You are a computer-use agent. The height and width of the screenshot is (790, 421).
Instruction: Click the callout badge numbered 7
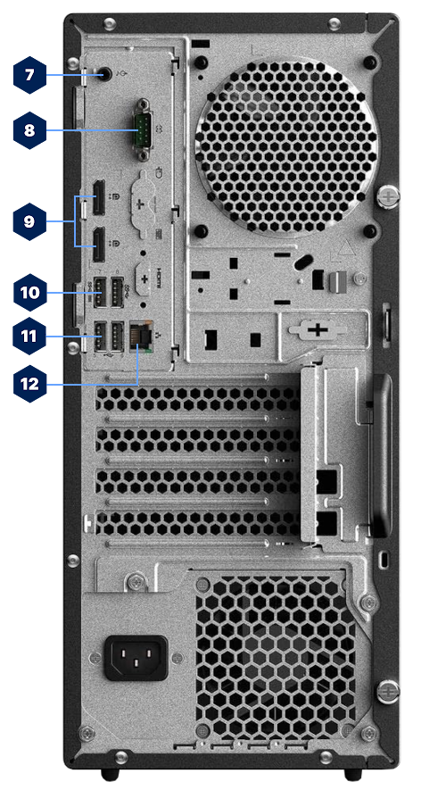(29, 75)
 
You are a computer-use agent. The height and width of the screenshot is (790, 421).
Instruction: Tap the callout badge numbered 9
(29, 220)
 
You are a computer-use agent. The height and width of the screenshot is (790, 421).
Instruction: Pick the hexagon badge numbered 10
(29, 291)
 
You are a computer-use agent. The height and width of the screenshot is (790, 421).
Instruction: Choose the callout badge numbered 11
(29, 337)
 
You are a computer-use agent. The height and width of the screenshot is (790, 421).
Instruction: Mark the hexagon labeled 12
(29, 384)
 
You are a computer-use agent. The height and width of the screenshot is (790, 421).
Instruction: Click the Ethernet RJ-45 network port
(139, 338)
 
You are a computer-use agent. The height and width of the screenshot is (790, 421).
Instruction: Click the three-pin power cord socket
(136, 659)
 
